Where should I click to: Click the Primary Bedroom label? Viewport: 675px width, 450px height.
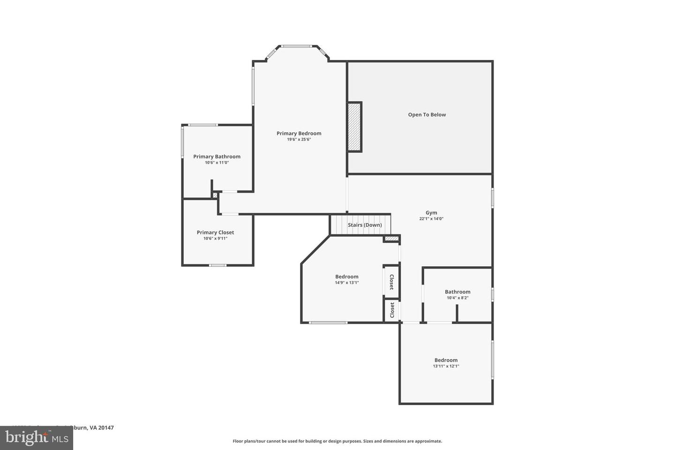coord(299,134)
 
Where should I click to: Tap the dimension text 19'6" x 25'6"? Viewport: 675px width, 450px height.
coord(299,140)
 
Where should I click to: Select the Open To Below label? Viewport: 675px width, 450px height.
coord(427,115)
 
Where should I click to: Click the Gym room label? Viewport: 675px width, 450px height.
coord(431,213)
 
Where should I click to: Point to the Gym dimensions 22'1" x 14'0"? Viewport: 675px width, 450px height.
coord(431,219)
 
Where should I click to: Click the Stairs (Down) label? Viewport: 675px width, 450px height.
coord(365,225)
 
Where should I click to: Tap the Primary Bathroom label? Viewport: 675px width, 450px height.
coord(217,157)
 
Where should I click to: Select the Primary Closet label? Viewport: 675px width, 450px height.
coord(215,232)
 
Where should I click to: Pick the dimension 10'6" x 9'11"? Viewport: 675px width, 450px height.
coord(215,239)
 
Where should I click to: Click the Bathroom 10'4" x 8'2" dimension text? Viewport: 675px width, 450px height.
coord(457,298)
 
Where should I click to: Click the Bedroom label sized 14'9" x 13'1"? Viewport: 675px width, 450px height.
coord(346,277)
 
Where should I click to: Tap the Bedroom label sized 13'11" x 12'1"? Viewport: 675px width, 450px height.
coord(446,360)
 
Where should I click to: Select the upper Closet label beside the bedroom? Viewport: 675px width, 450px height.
coord(391,282)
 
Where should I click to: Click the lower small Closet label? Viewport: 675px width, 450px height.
coord(392,310)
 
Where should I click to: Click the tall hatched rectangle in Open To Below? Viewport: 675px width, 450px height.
coord(354,127)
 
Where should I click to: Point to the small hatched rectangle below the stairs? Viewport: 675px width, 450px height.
coord(391,239)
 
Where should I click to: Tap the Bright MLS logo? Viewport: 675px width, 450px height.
coord(36,438)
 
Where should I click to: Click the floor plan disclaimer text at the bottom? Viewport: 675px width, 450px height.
coord(337,441)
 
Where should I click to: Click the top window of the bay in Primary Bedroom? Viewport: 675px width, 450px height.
coord(296,46)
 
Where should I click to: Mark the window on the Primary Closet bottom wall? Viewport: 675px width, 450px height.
coord(217,265)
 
